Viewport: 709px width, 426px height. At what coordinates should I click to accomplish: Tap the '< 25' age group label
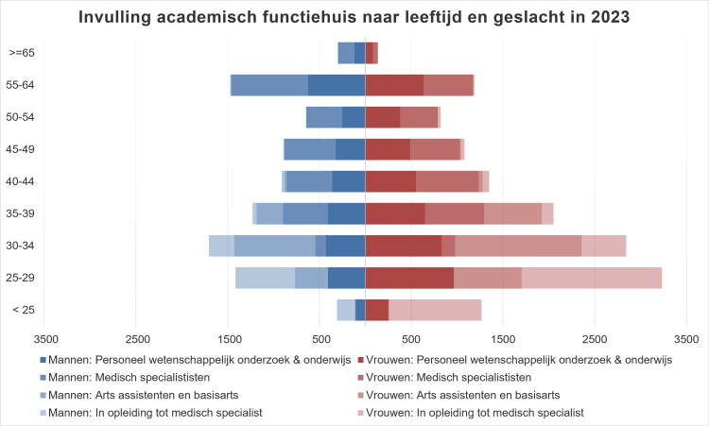[23, 310]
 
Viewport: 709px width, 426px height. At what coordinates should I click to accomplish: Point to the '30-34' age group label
[22, 246]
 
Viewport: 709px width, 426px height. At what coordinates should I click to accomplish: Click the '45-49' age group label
[22, 149]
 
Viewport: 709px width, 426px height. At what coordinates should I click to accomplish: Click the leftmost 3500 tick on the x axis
[45, 338]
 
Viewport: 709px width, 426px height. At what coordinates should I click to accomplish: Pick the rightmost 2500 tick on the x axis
[595, 338]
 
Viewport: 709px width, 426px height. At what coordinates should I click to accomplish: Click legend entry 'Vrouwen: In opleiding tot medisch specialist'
[470, 413]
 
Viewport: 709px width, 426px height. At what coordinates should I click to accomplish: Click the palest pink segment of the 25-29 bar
[592, 278]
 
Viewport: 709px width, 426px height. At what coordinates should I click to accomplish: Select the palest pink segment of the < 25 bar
[435, 310]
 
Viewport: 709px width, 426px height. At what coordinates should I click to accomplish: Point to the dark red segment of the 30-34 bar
[404, 246]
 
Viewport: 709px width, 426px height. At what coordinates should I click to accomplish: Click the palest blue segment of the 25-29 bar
[265, 278]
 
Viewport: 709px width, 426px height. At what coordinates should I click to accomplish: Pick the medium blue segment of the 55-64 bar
[269, 85]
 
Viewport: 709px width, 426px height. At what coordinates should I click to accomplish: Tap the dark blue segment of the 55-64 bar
[337, 85]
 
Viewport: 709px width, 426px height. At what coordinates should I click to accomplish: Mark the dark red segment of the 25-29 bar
[409, 278]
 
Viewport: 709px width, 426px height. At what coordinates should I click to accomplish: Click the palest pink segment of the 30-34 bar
[603, 246]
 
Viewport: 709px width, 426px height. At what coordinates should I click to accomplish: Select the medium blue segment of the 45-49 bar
[310, 149]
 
